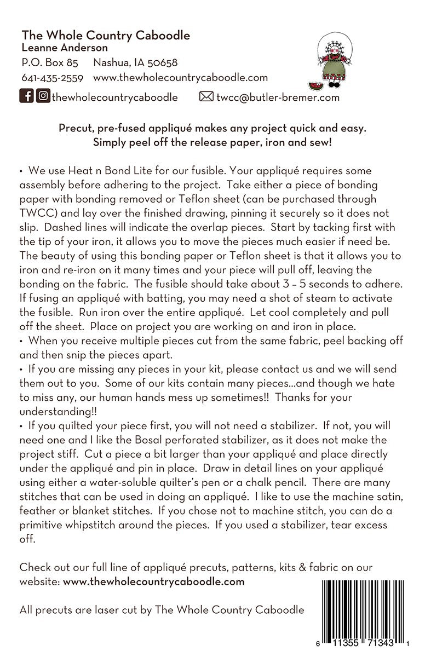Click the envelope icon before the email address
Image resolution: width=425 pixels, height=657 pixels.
click(x=206, y=97)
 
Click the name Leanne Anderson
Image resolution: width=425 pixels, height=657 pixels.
click(x=65, y=48)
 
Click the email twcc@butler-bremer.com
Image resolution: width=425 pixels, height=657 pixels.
click(x=278, y=97)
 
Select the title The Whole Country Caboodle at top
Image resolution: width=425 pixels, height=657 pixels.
click(x=106, y=36)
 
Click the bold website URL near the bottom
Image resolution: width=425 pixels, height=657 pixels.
click(x=153, y=581)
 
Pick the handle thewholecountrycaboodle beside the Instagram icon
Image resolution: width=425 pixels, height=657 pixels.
click(x=114, y=97)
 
